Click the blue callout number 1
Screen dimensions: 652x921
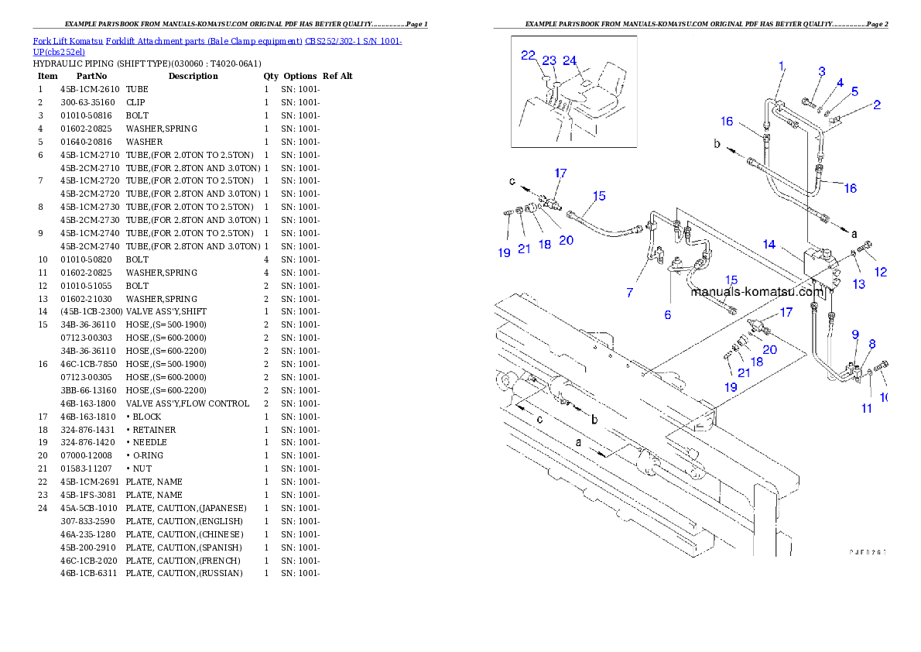click(x=782, y=66)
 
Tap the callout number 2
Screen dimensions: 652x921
click(x=877, y=105)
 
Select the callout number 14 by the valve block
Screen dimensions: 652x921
click(x=769, y=244)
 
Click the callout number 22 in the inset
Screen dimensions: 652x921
click(x=528, y=55)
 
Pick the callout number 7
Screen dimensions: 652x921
click(x=630, y=292)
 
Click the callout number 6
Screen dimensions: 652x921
click(x=667, y=314)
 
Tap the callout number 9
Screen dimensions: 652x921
click(x=855, y=335)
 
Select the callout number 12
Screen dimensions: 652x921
click(x=880, y=272)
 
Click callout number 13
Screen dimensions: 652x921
click(x=859, y=284)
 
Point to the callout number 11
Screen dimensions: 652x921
click(x=868, y=408)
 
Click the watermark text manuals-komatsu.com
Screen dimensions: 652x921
click(x=757, y=292)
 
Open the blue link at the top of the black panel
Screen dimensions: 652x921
click(x=217, y=46)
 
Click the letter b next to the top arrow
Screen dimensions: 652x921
click(x=717, y=145)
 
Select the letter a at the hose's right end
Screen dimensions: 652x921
click(x=854, y=232)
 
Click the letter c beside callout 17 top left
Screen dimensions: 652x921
click(x=512, y=181)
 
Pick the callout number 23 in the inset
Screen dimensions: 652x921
click(x=549, y=60)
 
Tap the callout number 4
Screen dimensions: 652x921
click(x=839, y=82)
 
